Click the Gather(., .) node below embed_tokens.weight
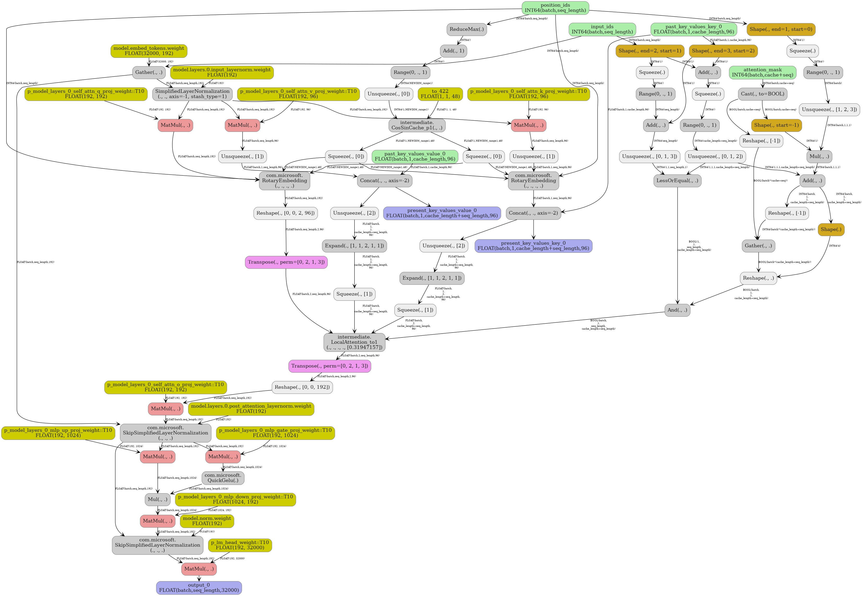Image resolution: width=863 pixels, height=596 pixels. click(149, 72)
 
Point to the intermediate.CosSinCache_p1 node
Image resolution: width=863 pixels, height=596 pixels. click(417, 125)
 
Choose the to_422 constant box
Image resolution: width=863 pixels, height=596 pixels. click(440, 94)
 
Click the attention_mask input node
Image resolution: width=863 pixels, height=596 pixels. click(762, 72)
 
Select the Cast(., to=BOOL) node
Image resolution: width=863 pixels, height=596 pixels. click(762, 94)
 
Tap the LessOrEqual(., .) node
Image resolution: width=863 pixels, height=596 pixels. click(677, 181)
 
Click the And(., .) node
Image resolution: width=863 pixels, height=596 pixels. click(677, 310)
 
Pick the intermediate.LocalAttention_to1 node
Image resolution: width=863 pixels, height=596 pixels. click(354, 342)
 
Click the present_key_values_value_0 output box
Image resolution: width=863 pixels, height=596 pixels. click(442, 213)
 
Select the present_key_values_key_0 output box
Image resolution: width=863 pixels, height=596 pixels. click(533, 246)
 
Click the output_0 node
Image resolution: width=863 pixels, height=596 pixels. click(199, 588)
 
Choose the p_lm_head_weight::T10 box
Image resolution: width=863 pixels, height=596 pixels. click(240, 545)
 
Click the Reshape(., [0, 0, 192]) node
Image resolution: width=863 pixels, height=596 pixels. click(302, 387)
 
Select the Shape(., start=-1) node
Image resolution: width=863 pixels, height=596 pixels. click(776, 125)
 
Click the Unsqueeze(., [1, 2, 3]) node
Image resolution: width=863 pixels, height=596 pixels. click(829, 109)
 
